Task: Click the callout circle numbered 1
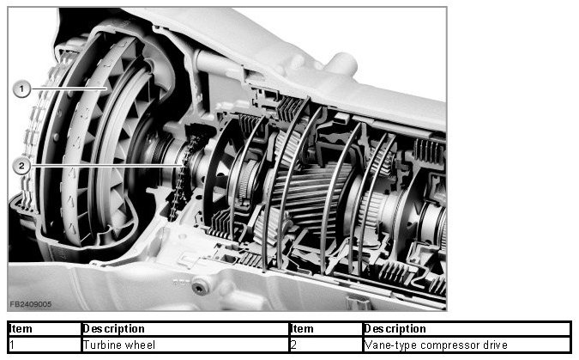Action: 21,89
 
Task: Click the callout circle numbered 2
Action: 21,166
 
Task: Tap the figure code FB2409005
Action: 31,304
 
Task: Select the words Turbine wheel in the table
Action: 119,345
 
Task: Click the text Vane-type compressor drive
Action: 436,345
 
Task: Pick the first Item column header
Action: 21,328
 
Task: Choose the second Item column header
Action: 303,328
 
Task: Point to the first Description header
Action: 114,328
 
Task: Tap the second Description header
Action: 395,328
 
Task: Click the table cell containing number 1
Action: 45,345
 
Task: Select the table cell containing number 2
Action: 326,345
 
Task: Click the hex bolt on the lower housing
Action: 200,286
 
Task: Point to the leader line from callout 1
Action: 69,88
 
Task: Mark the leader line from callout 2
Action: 106,166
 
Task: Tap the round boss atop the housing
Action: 341,64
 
